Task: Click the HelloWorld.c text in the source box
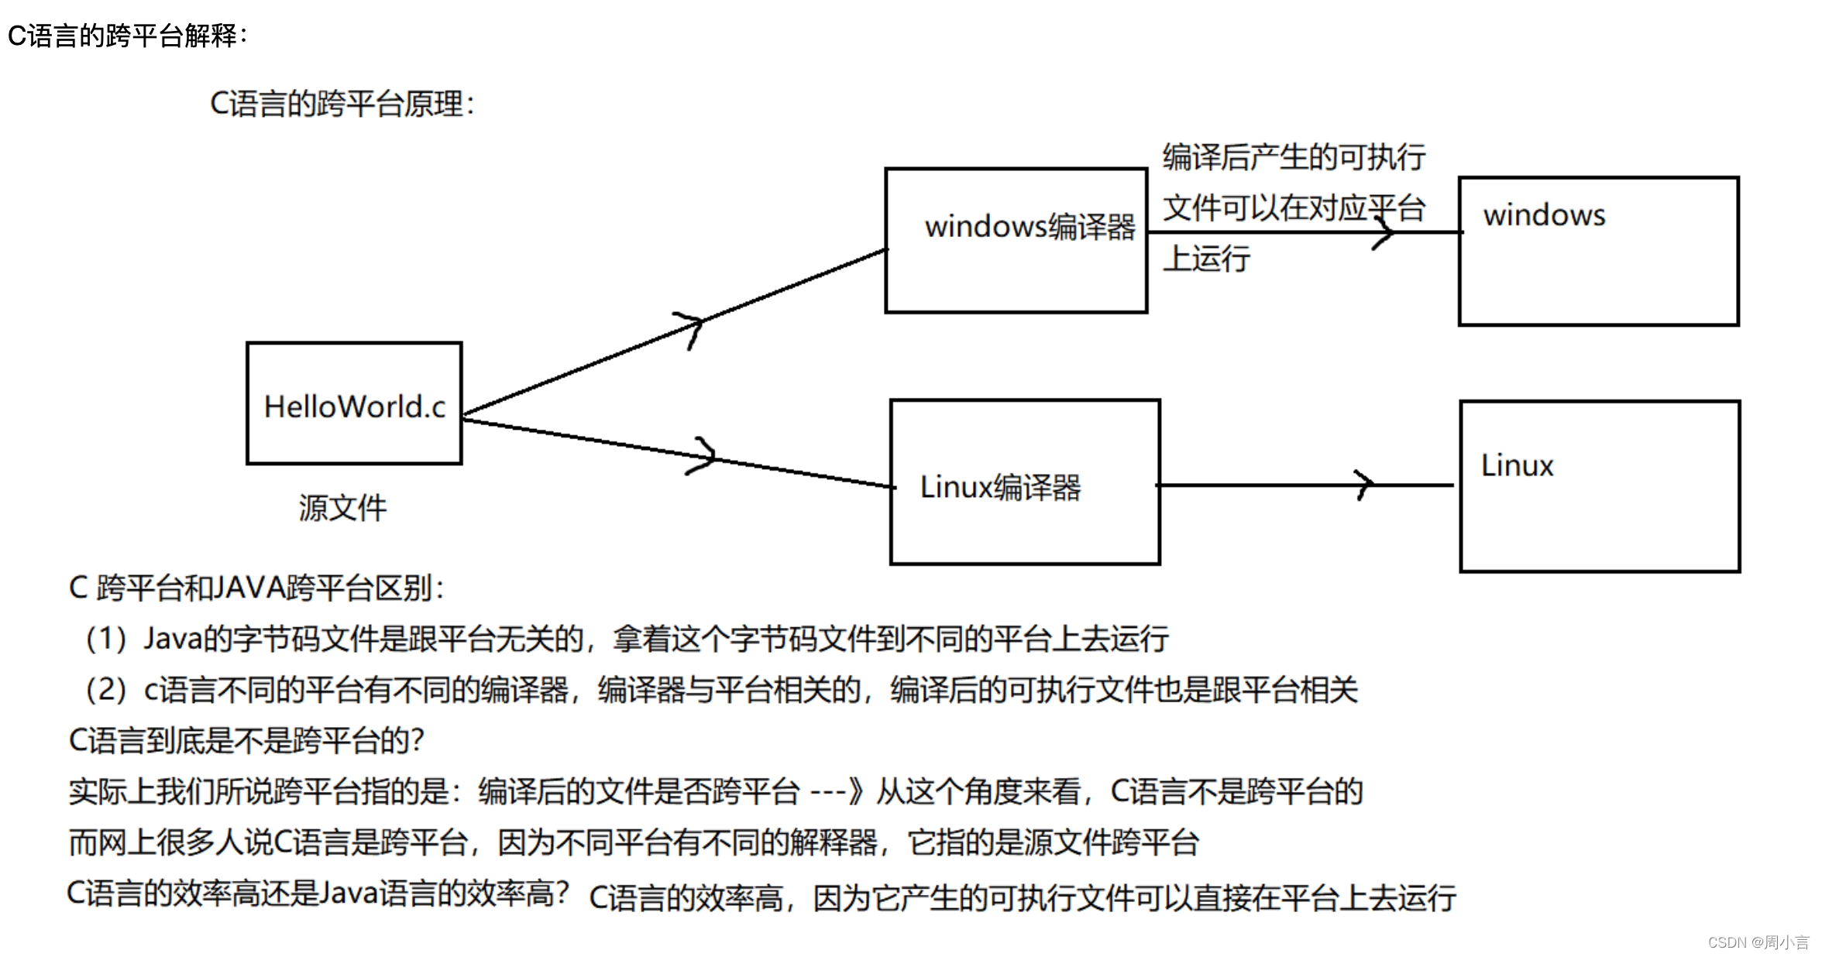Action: coord(355,406)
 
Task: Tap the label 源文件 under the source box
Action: coord(342,508)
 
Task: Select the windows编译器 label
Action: coord(1030,227)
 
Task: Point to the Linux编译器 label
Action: coord(1000,487)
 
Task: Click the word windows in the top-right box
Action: coord(1544,215)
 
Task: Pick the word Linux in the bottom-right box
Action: coord(1517,465)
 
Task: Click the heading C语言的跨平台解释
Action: coord(127,36)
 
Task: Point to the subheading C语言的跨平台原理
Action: coord(342,105)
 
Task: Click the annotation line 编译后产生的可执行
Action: coord(1294,157)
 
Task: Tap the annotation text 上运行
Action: coord(1206,259)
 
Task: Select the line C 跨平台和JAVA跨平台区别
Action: coord(256,588)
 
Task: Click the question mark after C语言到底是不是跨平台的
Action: coord(418,741)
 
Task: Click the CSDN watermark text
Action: coord(1757,942)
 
